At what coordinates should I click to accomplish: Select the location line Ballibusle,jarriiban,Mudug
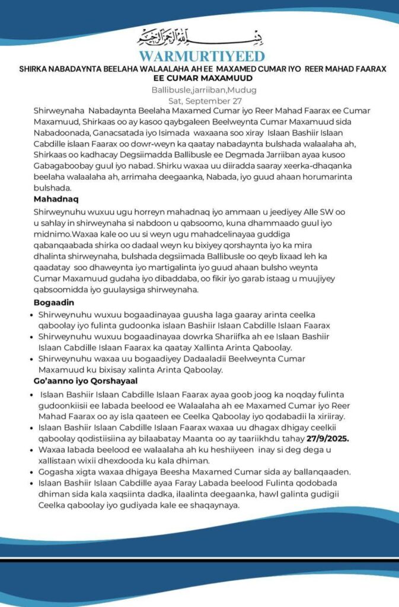199,90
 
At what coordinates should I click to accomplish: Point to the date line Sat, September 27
199,101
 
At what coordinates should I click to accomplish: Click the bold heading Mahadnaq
57,198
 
